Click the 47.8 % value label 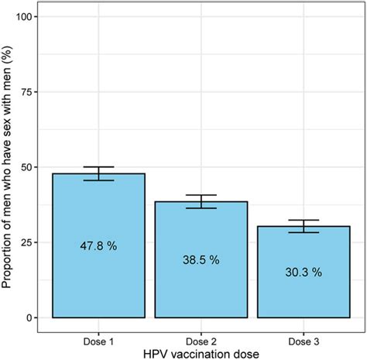[x=98, y=245]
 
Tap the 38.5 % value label [x=201, y=260]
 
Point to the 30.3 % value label [x=304, y=273]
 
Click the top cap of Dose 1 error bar [x=98, y=166]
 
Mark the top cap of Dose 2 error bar [x=201, y=195]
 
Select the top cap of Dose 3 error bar [x=304, y=220]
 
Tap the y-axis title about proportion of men [x=9, y=166]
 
